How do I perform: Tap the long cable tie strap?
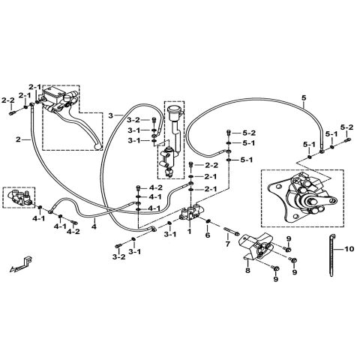tap(331, 255)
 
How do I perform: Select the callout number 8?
tap(247, 270)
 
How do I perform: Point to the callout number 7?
tap(227, 244)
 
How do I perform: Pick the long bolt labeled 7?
tap(231, 230)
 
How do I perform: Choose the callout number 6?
tap(208, 235)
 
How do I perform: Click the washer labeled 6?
tap(208, 221)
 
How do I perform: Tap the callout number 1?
tap(189, 231)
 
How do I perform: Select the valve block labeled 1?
tap(191, 213)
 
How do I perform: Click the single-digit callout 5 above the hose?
tap(304, 98)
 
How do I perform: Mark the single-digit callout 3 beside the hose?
tap(111, 115)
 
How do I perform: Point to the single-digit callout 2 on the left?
tap(18, 139)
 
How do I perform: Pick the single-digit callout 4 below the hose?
tap(94, 226)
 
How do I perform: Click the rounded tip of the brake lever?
tap(98, 147)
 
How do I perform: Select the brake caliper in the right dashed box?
tap(302, 199)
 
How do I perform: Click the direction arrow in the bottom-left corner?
tap(21, 264)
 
